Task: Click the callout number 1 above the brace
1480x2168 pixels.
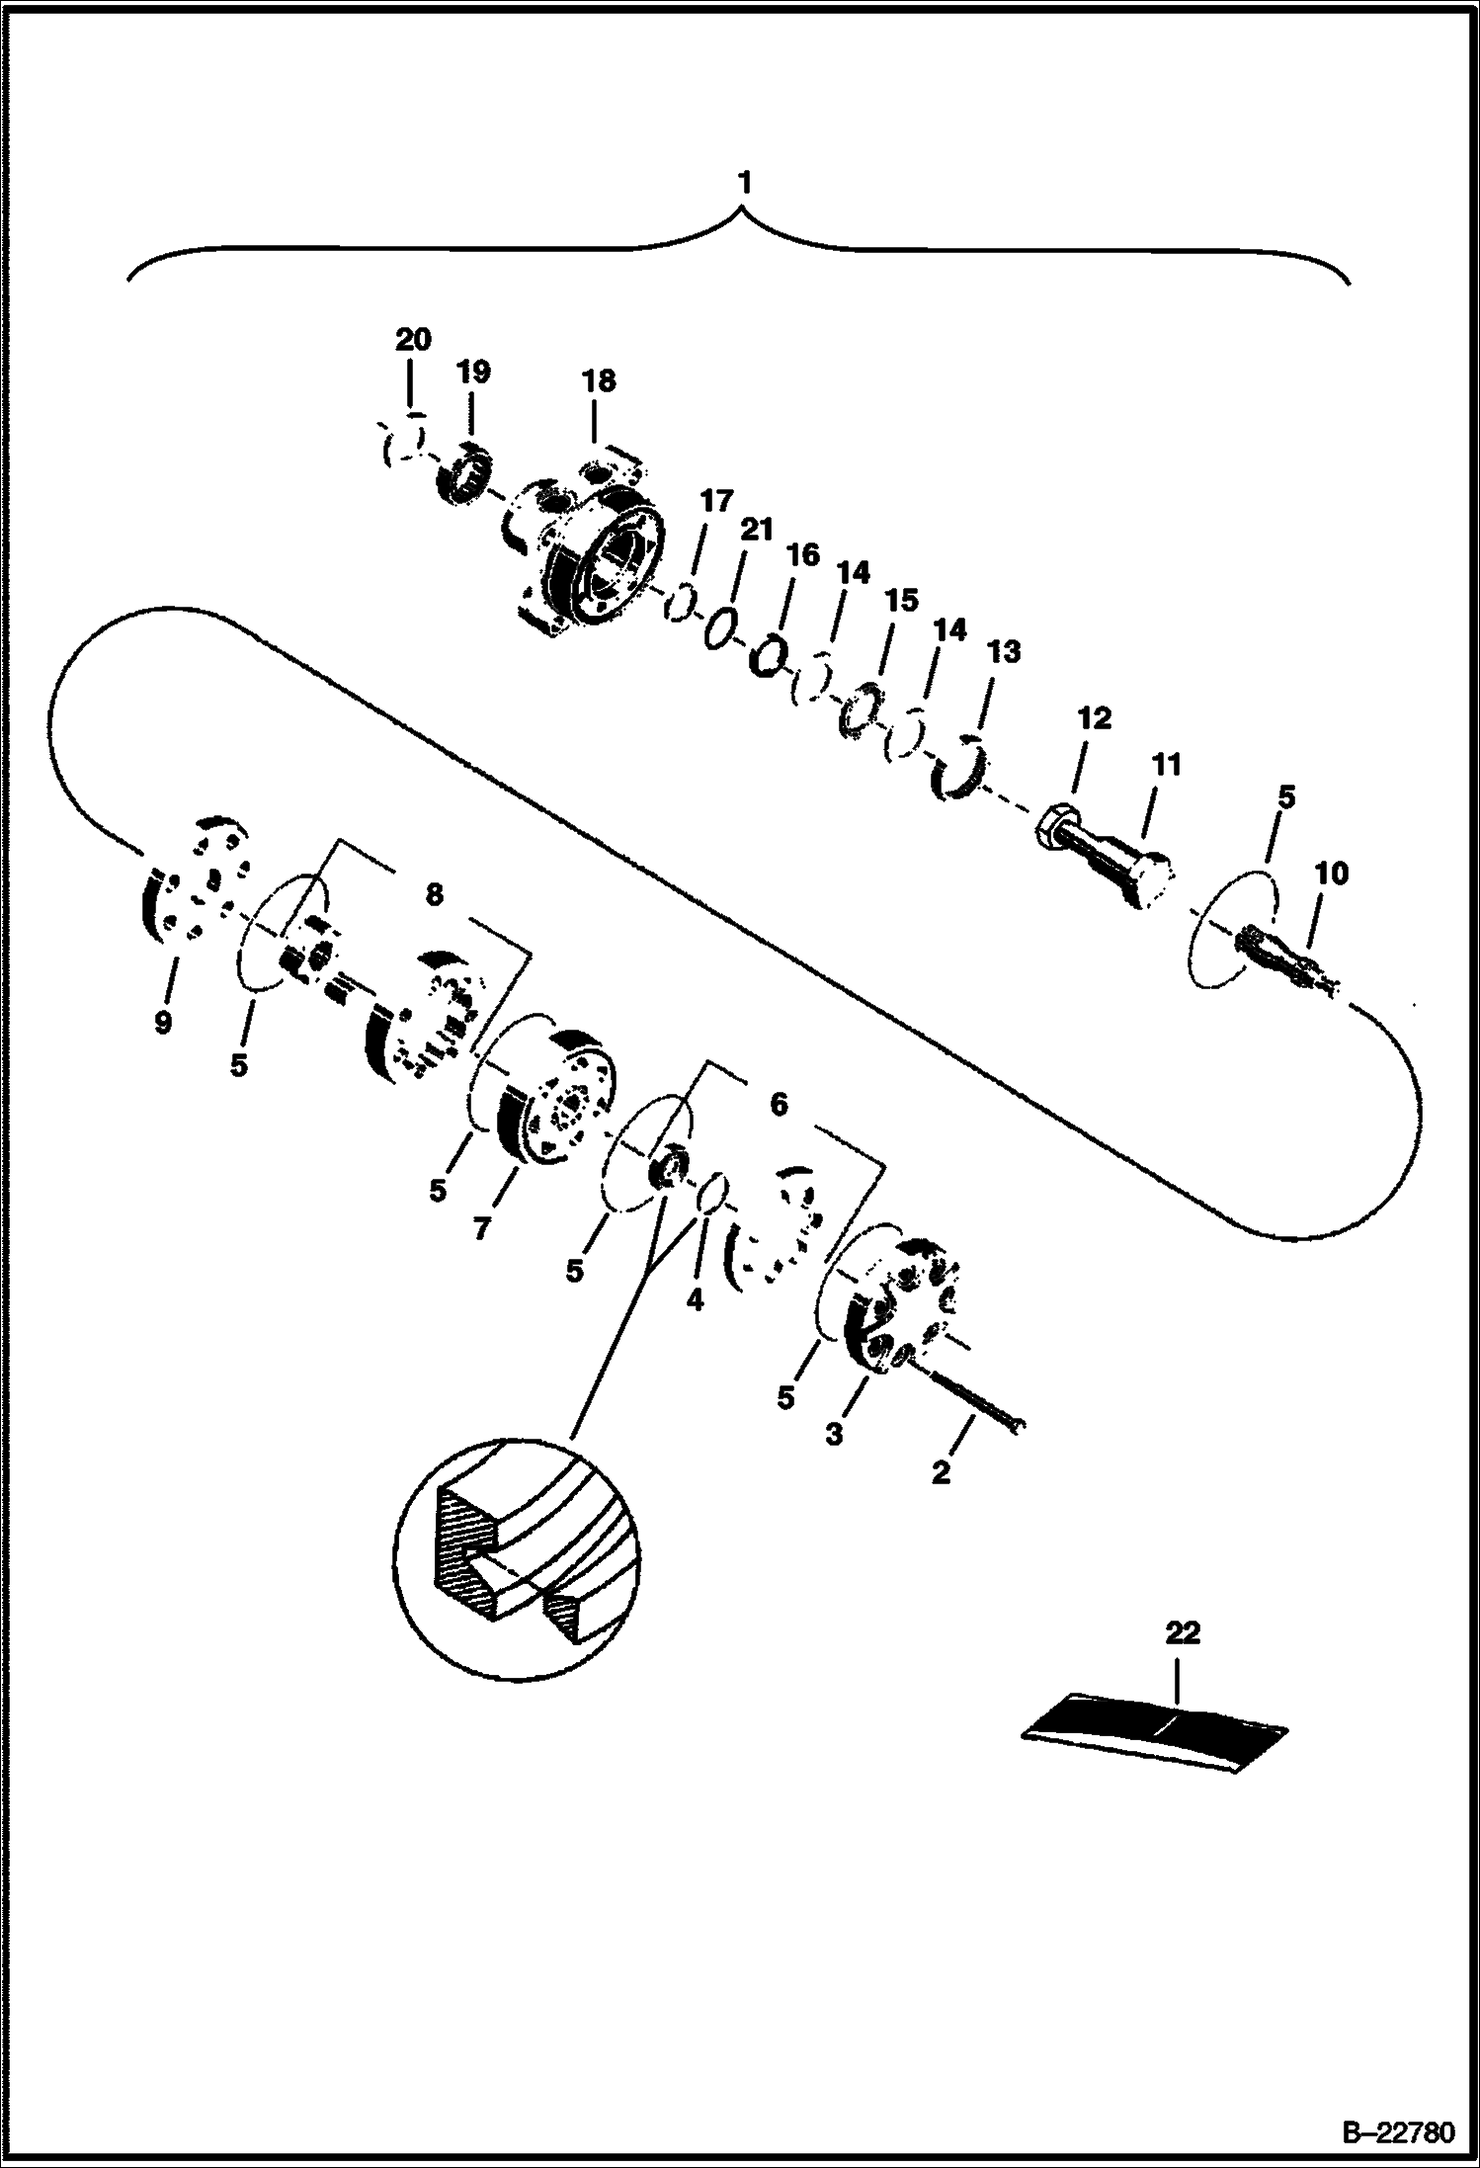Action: [745, 183]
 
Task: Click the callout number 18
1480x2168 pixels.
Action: [599, 381]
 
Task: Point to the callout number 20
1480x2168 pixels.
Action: [413, 341]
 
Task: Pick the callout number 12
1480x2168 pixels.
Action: [1095, 717]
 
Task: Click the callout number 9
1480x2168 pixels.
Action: [163, 1022]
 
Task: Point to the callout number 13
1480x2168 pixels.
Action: [1003, 652]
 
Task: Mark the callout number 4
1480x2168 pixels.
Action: [695, 1301]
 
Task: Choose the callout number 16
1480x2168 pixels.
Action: [802, 554]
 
